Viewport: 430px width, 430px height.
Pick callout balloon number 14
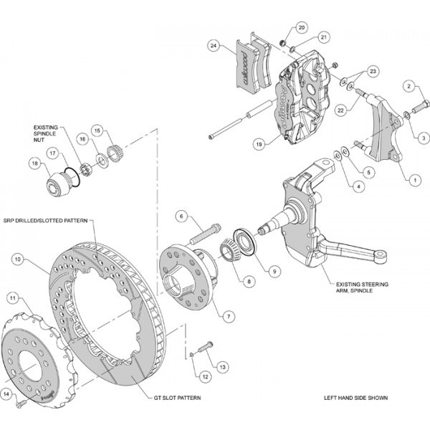tap(6, 394)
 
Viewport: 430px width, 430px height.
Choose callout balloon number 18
tap(33, 163)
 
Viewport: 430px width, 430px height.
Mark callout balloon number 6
tap(182, 216)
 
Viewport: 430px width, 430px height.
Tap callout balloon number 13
tap(224, 366)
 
